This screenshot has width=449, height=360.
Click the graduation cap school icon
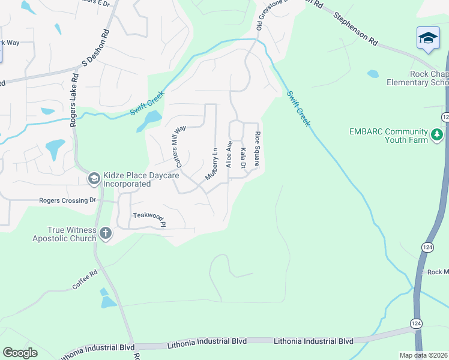coord(428,38)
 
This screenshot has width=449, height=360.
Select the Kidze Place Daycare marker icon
coord(94,178)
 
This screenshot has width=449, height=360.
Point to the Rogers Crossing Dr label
coord(67,200)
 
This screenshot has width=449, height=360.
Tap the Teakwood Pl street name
coord(149,218)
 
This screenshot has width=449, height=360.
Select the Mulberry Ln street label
coord(211,163)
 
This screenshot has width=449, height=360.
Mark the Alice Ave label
coord(229,154)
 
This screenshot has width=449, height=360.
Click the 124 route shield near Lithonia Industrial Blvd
coord(415,323)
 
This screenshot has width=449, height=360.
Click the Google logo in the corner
coord(20,353)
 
